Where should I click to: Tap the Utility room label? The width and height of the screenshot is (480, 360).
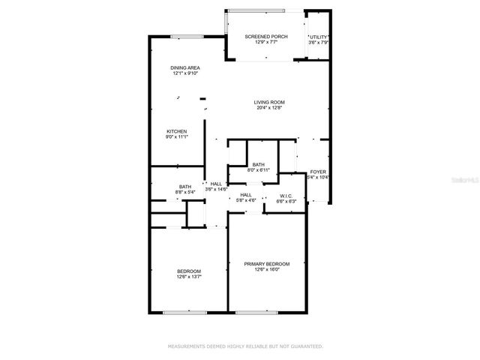(319, 37)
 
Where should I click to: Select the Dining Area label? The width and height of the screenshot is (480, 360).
(184, 68)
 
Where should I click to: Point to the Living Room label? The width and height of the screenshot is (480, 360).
(268, 102)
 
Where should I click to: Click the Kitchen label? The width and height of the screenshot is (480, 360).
(176, 131)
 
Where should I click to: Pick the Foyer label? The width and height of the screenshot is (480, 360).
(319, 172)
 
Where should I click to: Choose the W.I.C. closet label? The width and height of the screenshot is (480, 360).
(286, 196)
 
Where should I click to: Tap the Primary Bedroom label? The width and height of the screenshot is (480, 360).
(266, 264)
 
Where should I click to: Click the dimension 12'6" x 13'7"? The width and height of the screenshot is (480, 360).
(189, 277)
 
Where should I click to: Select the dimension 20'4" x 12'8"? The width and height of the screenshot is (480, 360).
(268, 108)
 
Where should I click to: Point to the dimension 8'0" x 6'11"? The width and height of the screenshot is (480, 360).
(258, 170)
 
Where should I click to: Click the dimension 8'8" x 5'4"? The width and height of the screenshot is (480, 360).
(184, 192)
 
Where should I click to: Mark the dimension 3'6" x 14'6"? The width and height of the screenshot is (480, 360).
(217, 190)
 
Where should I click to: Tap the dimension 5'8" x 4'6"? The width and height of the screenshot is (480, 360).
(246, 200)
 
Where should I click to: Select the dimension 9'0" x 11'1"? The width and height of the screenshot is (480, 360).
(176, 137)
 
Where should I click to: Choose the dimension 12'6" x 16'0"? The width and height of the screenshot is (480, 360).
(266, 270)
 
